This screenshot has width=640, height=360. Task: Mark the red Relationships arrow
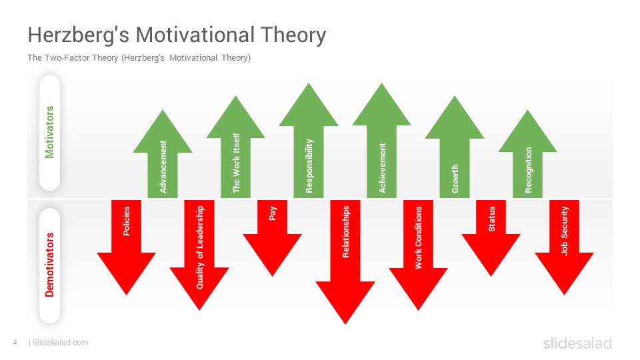[345, 262]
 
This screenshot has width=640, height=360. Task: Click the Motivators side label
[49, 132]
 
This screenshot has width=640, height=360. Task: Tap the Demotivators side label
[49, 265]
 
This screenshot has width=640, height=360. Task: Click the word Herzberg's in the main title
[79, 35]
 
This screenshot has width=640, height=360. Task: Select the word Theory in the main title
[293, 35]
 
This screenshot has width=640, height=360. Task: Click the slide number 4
[15, 343]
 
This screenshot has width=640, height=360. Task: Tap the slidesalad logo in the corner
[577, 343]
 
